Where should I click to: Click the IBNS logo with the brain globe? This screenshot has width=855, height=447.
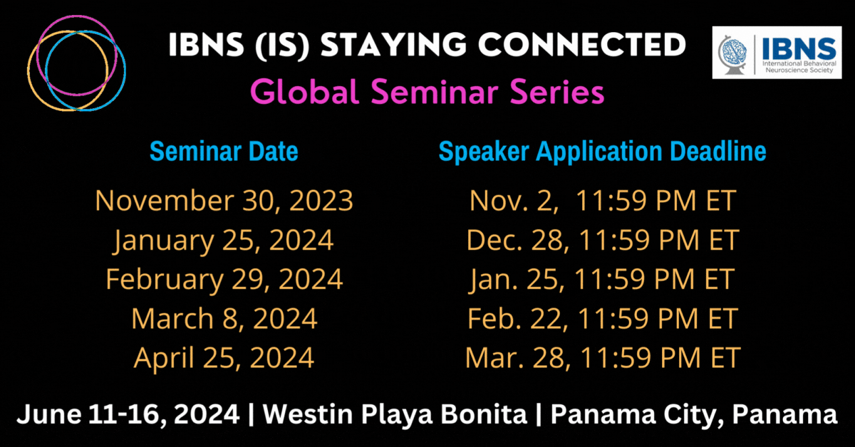click(777, 53)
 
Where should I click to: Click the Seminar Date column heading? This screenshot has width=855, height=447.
click(224, 152)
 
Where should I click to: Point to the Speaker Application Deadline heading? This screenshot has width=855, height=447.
click(602, 152)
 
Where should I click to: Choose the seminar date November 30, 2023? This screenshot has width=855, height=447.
click(224, 201)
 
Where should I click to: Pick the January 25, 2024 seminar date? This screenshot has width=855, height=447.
click(224, 241)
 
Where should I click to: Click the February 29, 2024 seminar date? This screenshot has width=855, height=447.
click(224, 280)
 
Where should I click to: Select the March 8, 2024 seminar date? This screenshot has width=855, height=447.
click(224, 318)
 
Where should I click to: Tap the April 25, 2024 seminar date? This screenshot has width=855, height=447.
click(224, 358)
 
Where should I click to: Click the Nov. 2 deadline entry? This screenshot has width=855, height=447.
click(603, 201)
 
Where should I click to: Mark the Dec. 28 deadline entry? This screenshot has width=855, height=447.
click(603, 240)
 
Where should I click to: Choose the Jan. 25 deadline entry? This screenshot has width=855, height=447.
click(602, 280)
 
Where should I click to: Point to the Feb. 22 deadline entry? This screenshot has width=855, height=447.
click(603, 318)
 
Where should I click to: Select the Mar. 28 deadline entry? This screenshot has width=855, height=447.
click(603, 358)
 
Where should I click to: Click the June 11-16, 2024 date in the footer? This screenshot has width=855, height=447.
click(128, 415)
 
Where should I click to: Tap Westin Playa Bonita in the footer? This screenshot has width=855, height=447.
click(395, 414)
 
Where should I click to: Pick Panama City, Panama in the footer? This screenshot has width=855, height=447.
click(694, 415)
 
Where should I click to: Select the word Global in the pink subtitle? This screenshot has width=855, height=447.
click(305, 92)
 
